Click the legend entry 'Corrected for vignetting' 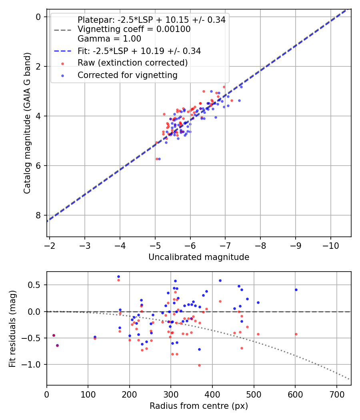tap(128, 75)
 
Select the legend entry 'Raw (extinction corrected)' tap(132, 63)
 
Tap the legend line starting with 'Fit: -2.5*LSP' tap(139, 51)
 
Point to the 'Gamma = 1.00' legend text tap(109, 39)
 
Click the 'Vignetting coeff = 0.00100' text tap(134, 29)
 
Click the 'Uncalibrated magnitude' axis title tap(199, 257)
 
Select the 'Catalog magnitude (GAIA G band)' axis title tap(27, 123)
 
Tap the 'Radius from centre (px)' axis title tap(199, 406)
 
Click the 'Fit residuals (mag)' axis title tap(12, 329)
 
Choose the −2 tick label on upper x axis tap(50, 246)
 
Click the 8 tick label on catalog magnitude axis tap(38, 215)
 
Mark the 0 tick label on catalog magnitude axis tap(38, 17)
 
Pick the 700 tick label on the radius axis tap(336, 394)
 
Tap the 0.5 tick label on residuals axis tap(34, 285)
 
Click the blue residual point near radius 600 tap(296, 290)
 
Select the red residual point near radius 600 tap(296, 334)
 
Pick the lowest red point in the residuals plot tap(199, 365)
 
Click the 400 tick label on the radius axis tap(212, 394)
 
